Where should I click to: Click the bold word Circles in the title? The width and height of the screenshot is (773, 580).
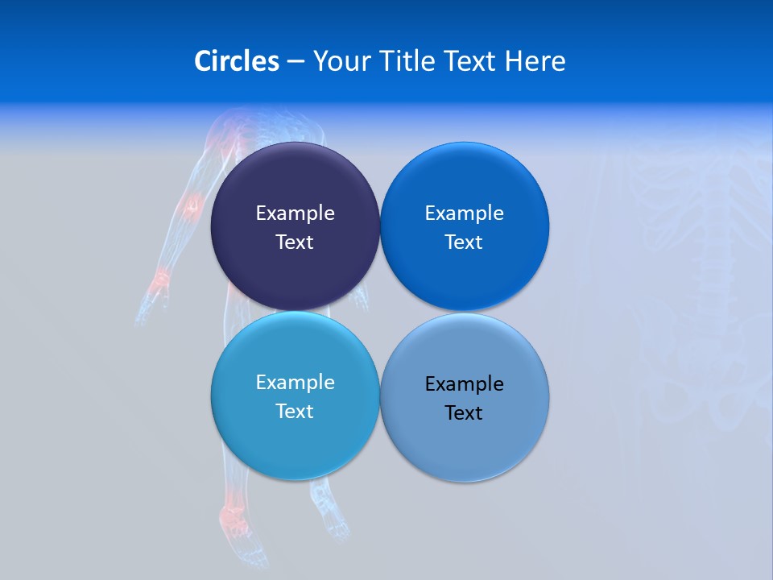coord(237,61)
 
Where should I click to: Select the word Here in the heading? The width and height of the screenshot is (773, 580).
coord(535,61)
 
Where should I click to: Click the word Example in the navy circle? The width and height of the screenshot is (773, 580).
coord(295,213)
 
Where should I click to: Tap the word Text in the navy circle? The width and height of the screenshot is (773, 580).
coord(295,242)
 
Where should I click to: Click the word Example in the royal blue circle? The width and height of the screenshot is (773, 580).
coord(464,213)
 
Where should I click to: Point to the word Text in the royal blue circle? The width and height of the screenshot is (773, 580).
coord(464,242)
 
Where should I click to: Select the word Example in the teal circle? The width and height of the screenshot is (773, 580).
coord(295,383)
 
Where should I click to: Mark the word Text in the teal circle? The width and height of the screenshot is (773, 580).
coord(295,412)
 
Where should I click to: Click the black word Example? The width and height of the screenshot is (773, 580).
coord(464,384)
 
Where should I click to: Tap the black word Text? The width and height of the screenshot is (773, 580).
coord(464,413)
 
